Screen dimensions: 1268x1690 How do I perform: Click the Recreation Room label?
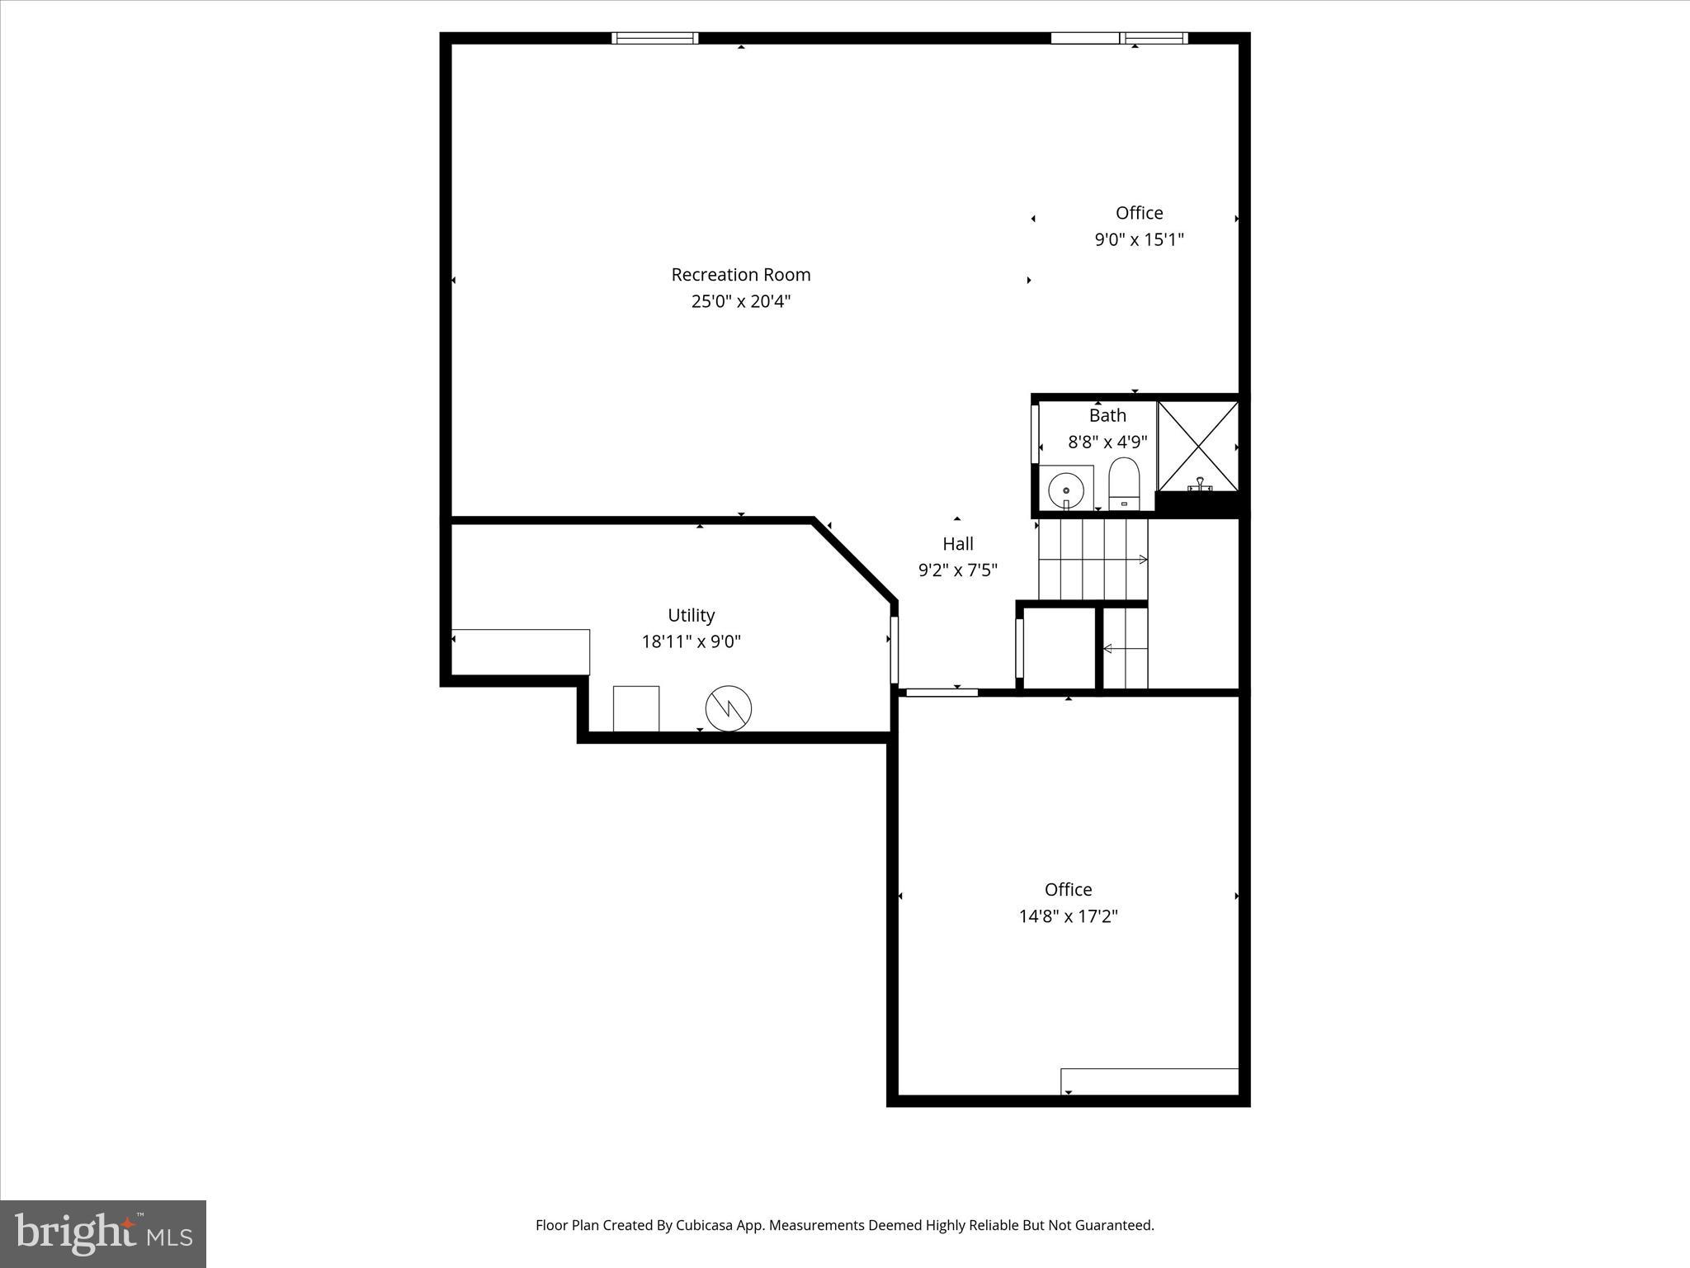pos(740,274)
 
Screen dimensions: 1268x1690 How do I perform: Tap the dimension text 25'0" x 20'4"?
pos(740,301)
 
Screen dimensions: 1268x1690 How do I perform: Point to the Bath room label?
pos(1107,415)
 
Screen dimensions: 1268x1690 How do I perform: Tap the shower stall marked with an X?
pos(1198,445)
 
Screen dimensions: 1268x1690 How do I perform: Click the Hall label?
pos(957,543)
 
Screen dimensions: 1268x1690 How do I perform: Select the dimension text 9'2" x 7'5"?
pos(957,570)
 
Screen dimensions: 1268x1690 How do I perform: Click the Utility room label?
pos(691,615)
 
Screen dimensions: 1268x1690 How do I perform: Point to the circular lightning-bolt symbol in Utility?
pos(729,708)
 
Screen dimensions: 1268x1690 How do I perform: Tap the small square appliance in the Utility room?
pos(635,708)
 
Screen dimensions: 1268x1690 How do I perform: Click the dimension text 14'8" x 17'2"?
pos(1068,916)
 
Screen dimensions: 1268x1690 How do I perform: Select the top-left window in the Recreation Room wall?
pos(655,38)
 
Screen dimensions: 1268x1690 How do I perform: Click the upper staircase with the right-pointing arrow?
pos(1092,559)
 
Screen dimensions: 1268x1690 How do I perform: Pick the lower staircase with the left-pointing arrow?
pos(1125,649)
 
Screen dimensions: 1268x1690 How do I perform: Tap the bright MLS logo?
pos(103,1234)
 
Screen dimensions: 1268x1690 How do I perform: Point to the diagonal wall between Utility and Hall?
pos(855,560)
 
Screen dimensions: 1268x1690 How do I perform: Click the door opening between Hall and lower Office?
pos(942,693)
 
